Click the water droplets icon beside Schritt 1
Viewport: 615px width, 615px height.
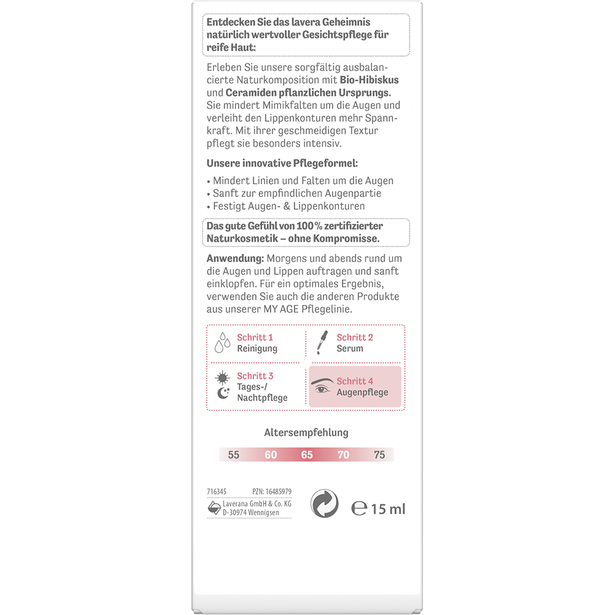(222, 343)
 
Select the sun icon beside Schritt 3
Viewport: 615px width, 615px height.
(222, 376)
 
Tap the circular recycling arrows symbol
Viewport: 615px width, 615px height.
(325, 504)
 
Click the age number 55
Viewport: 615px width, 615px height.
(233, 455)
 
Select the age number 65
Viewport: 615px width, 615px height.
(307, 455)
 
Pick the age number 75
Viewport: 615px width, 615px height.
(379, 455)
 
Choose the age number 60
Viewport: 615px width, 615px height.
(271, 455)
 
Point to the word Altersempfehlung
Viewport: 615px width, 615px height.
(306, 432)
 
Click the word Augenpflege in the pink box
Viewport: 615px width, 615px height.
(362, 392)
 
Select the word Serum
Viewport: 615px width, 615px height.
(349, 348)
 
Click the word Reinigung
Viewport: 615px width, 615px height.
(257, 348)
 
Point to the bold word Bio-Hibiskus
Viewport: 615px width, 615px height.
(364, 81)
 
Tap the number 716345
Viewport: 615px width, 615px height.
(217, 491)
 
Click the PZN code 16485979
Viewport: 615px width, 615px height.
(279, 491)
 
